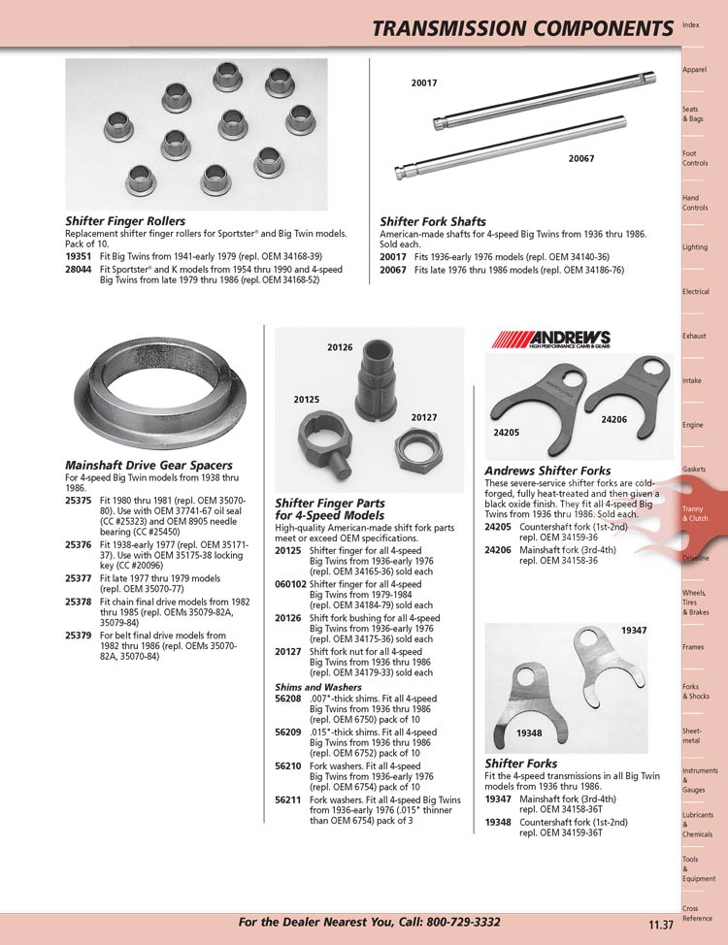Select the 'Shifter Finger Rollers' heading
pos(125,221)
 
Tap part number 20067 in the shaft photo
pos(581,158)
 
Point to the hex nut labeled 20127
pos(418,447)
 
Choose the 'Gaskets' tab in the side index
pos(694,469)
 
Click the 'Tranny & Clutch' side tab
pos(696,513)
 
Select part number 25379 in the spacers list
pos(79,635)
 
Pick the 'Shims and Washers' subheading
pos(318,687)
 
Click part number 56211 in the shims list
pos(288,799)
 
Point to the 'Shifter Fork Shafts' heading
pos(433,221)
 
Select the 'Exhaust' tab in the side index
pos(694,336)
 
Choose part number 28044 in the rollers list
pos(79,269)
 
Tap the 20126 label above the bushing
pos(339,346)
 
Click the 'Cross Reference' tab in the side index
pos(696,913)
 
